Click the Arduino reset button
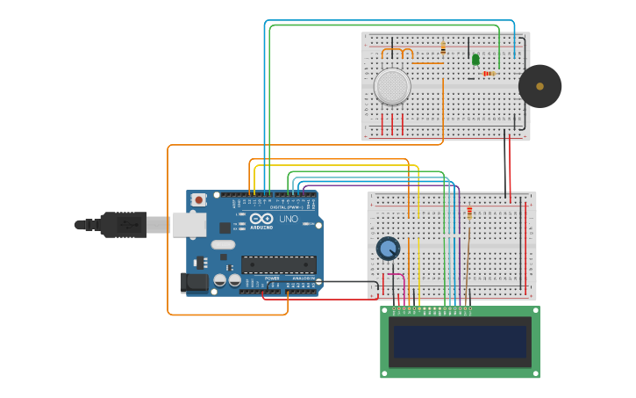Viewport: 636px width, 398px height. [x=199, y=199]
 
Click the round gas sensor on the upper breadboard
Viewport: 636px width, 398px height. [x=392, y=86]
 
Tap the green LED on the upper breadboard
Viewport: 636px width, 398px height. [x=475, y=60]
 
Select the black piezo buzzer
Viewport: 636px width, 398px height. [x=540, y=86]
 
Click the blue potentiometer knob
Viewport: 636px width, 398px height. [x=388, y=249]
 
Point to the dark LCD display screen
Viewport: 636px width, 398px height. [x=460, y=342]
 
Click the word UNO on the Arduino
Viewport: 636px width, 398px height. [x=289, y=219]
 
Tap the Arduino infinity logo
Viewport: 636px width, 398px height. [x=261, y=219]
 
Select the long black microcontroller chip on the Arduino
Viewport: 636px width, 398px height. [x=278, y=264]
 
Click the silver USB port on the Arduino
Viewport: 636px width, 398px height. [x=189, y=225]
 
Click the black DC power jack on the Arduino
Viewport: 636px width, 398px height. [x=194, y=282]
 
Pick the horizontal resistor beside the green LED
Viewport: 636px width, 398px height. [x=490, y=74]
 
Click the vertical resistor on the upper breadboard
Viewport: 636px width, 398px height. [x=443, y=48]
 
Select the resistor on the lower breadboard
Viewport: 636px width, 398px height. [x=470, y=212]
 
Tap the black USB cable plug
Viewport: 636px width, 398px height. [x=123, y=225]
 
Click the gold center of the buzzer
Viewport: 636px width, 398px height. [x=540, y=86]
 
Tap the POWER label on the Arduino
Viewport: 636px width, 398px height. [x=274, y=279]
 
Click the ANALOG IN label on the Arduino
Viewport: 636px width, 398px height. [x=303, y=279]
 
